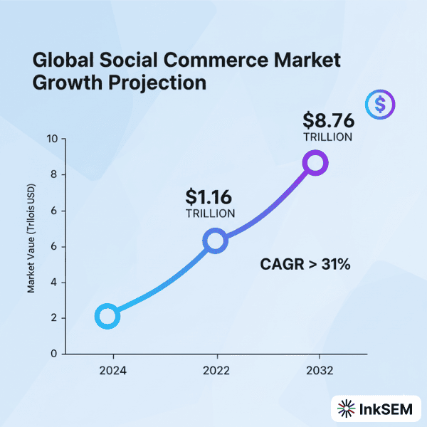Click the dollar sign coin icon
(380, 105)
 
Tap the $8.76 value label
(327, 120)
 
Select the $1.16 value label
(209, 196)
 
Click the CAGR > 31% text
(304, 265)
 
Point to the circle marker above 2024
(107, 316)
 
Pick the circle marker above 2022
(215, 241)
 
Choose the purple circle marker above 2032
(315, 163)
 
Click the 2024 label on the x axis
(112, 371)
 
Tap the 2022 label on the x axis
(215, 371)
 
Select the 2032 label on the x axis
(320, 371)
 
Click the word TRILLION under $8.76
(327, 137)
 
